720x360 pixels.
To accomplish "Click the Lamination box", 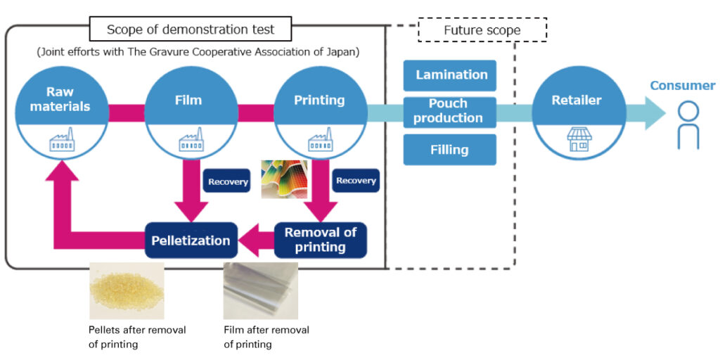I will click(450, 75).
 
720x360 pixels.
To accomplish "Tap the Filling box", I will click(450, 150).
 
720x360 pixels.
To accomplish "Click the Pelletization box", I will click(191, 240).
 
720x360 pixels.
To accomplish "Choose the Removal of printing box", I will click(320, 240).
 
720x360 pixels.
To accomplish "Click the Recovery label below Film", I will click(228, 181).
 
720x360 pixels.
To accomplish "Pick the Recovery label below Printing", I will click(356, 181).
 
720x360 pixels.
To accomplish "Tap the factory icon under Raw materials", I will click(61, 141).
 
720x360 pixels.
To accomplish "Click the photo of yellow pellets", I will click(126, 290).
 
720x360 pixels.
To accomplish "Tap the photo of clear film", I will click(260, 290).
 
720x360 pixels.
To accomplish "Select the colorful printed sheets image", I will click(285, 179).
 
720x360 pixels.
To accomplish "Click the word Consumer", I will click(682, 86).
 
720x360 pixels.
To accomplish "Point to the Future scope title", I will click(482, 30).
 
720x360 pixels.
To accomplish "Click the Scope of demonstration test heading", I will click(190, 30).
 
